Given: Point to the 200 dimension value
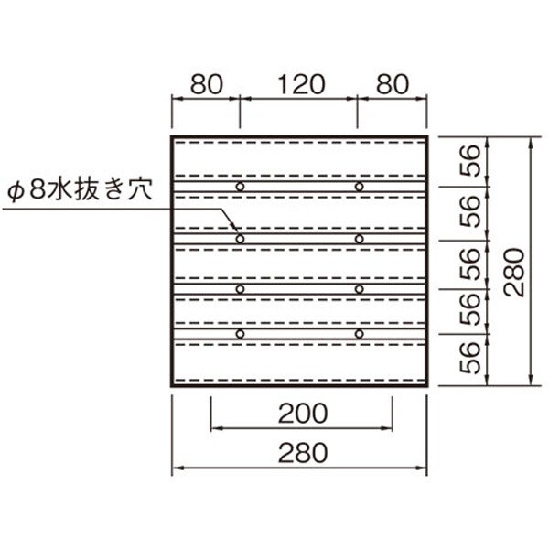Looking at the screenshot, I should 303,414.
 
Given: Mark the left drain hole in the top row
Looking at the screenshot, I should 240,187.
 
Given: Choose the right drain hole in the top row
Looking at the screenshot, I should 359,187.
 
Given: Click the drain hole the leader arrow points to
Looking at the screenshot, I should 240,238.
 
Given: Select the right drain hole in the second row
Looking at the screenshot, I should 359,238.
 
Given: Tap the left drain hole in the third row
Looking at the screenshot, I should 240,289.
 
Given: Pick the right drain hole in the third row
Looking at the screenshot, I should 359,289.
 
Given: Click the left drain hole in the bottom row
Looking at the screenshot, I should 240,334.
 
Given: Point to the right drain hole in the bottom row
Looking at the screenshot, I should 359,334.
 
